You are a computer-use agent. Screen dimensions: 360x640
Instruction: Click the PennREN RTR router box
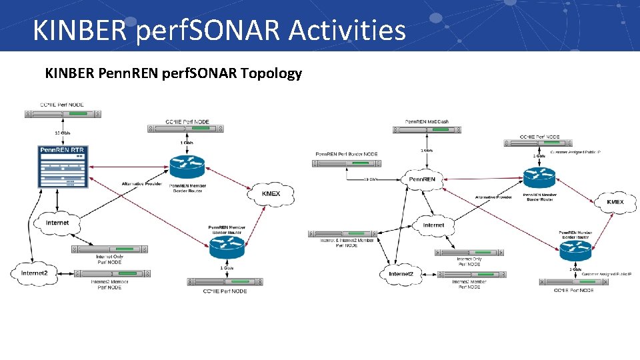pyautogui.click(x=63, y=167)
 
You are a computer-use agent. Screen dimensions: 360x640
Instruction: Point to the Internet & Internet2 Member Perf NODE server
pyautogui.click(x=342, y=234)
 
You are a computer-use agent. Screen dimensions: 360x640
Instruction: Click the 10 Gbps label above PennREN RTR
pyautogui.click(x=63, y=132)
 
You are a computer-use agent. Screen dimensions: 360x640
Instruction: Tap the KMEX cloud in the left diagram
pyautogui.click(x=271, y=194)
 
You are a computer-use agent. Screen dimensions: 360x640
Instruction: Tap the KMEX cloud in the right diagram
pyautogui.click(x=615, y=201)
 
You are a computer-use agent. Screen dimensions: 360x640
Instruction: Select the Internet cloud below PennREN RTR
pyautogui.click(x=57, y=223)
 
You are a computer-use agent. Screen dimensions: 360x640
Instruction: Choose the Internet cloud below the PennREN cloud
pyautogui.click(x=433, y=225)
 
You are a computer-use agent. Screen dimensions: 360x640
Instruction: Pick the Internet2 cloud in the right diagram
pyautogui.click(x=401, y=274)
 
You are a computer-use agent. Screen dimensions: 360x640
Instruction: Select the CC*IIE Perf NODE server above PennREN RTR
pyautogui.click(x=63, y=114)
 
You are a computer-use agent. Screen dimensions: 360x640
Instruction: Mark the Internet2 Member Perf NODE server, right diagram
pyautogui.click(x=469, y=274)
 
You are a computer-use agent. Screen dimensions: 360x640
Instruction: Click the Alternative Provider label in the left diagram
pyautogui.click(x=141, y=184)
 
